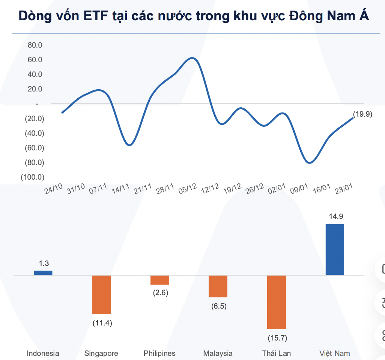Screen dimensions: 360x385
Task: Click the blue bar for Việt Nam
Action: pos(335,249)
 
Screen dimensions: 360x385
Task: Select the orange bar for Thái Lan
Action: pos(277,302)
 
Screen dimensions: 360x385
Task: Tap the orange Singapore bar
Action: pos(101,294)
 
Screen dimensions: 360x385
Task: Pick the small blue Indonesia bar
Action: pos(43,273)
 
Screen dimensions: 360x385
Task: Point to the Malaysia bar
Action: pos(218,286)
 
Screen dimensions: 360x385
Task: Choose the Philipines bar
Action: pos(160,280)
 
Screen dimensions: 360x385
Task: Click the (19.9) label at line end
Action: pos(362,115)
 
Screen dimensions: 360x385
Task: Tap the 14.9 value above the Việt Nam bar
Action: pos(335,216)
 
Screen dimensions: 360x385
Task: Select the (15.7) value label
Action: pos(277,338)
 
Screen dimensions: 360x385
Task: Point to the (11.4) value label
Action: pos(102,323)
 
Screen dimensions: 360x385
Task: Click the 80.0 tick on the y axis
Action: pos(35,45)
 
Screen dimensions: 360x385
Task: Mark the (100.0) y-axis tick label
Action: pos(33,177)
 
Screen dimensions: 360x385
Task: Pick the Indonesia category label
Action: pos(43,353)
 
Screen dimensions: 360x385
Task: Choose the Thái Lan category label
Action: pos(276,353)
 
